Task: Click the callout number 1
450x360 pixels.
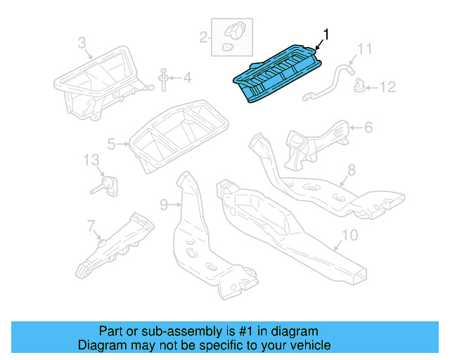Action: click(x=325, y=33)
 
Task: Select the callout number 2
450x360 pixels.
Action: click(x=203, y=37)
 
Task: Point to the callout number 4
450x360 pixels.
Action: click(x=187, y=77)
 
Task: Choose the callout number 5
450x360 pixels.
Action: click(x=112, y=145)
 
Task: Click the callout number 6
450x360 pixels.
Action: click(x=368, y=127)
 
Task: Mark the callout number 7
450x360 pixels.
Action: click(x=91, y=225)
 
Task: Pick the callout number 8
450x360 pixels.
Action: click(x=352, y=169)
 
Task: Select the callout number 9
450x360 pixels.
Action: click(x=163, y=204)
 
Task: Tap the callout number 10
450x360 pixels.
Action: click(x=349, y=235)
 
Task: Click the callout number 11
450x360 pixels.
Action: click(x=364, y=49)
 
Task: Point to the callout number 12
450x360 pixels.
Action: click(x=387, y=87)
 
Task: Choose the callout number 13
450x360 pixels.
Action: click(x=92, y=160)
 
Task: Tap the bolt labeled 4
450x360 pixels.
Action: click(x=163, y=78)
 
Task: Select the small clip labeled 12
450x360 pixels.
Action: click(x=359, y=86)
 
